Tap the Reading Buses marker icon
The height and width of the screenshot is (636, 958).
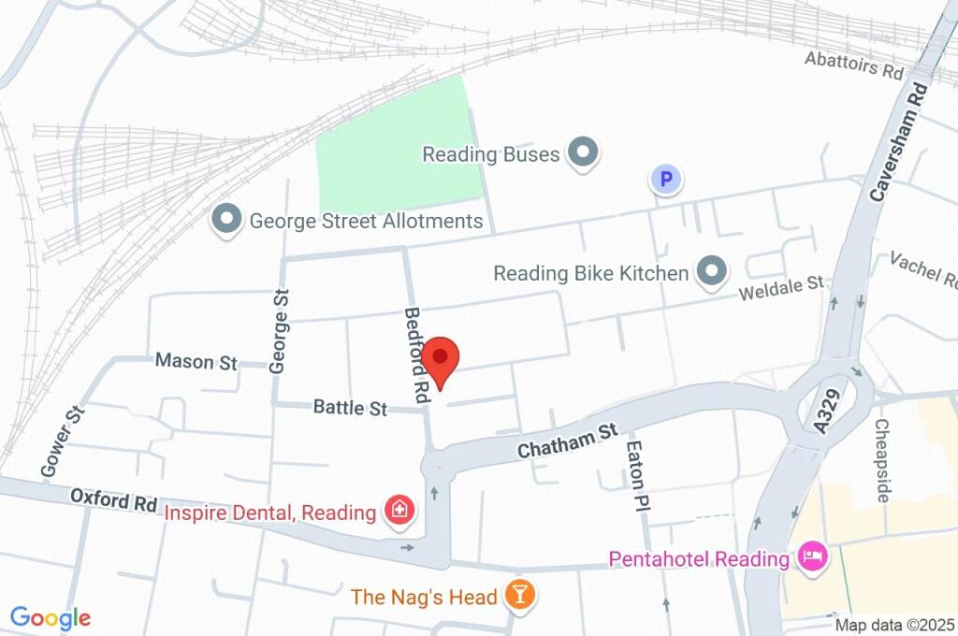pos(584,152)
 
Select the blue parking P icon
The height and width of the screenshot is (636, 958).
pos(665,179)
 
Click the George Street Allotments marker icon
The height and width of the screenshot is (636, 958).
pos(225,222)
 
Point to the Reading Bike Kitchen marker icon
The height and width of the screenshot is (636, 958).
pos(712,272)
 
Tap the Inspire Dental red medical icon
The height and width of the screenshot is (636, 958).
pos(397,511)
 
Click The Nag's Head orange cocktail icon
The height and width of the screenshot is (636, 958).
pos(517,594)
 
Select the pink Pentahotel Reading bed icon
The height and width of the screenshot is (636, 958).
pos(811,558)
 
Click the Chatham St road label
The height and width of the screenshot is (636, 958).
pos(569,440)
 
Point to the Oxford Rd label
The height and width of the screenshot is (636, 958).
pos(113,500)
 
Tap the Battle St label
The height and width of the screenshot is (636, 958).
pos(350,408)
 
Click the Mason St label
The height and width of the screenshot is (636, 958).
pos(196,361)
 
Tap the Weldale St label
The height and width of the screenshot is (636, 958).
pos(780,288)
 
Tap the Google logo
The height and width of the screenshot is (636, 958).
pos(51,617)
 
